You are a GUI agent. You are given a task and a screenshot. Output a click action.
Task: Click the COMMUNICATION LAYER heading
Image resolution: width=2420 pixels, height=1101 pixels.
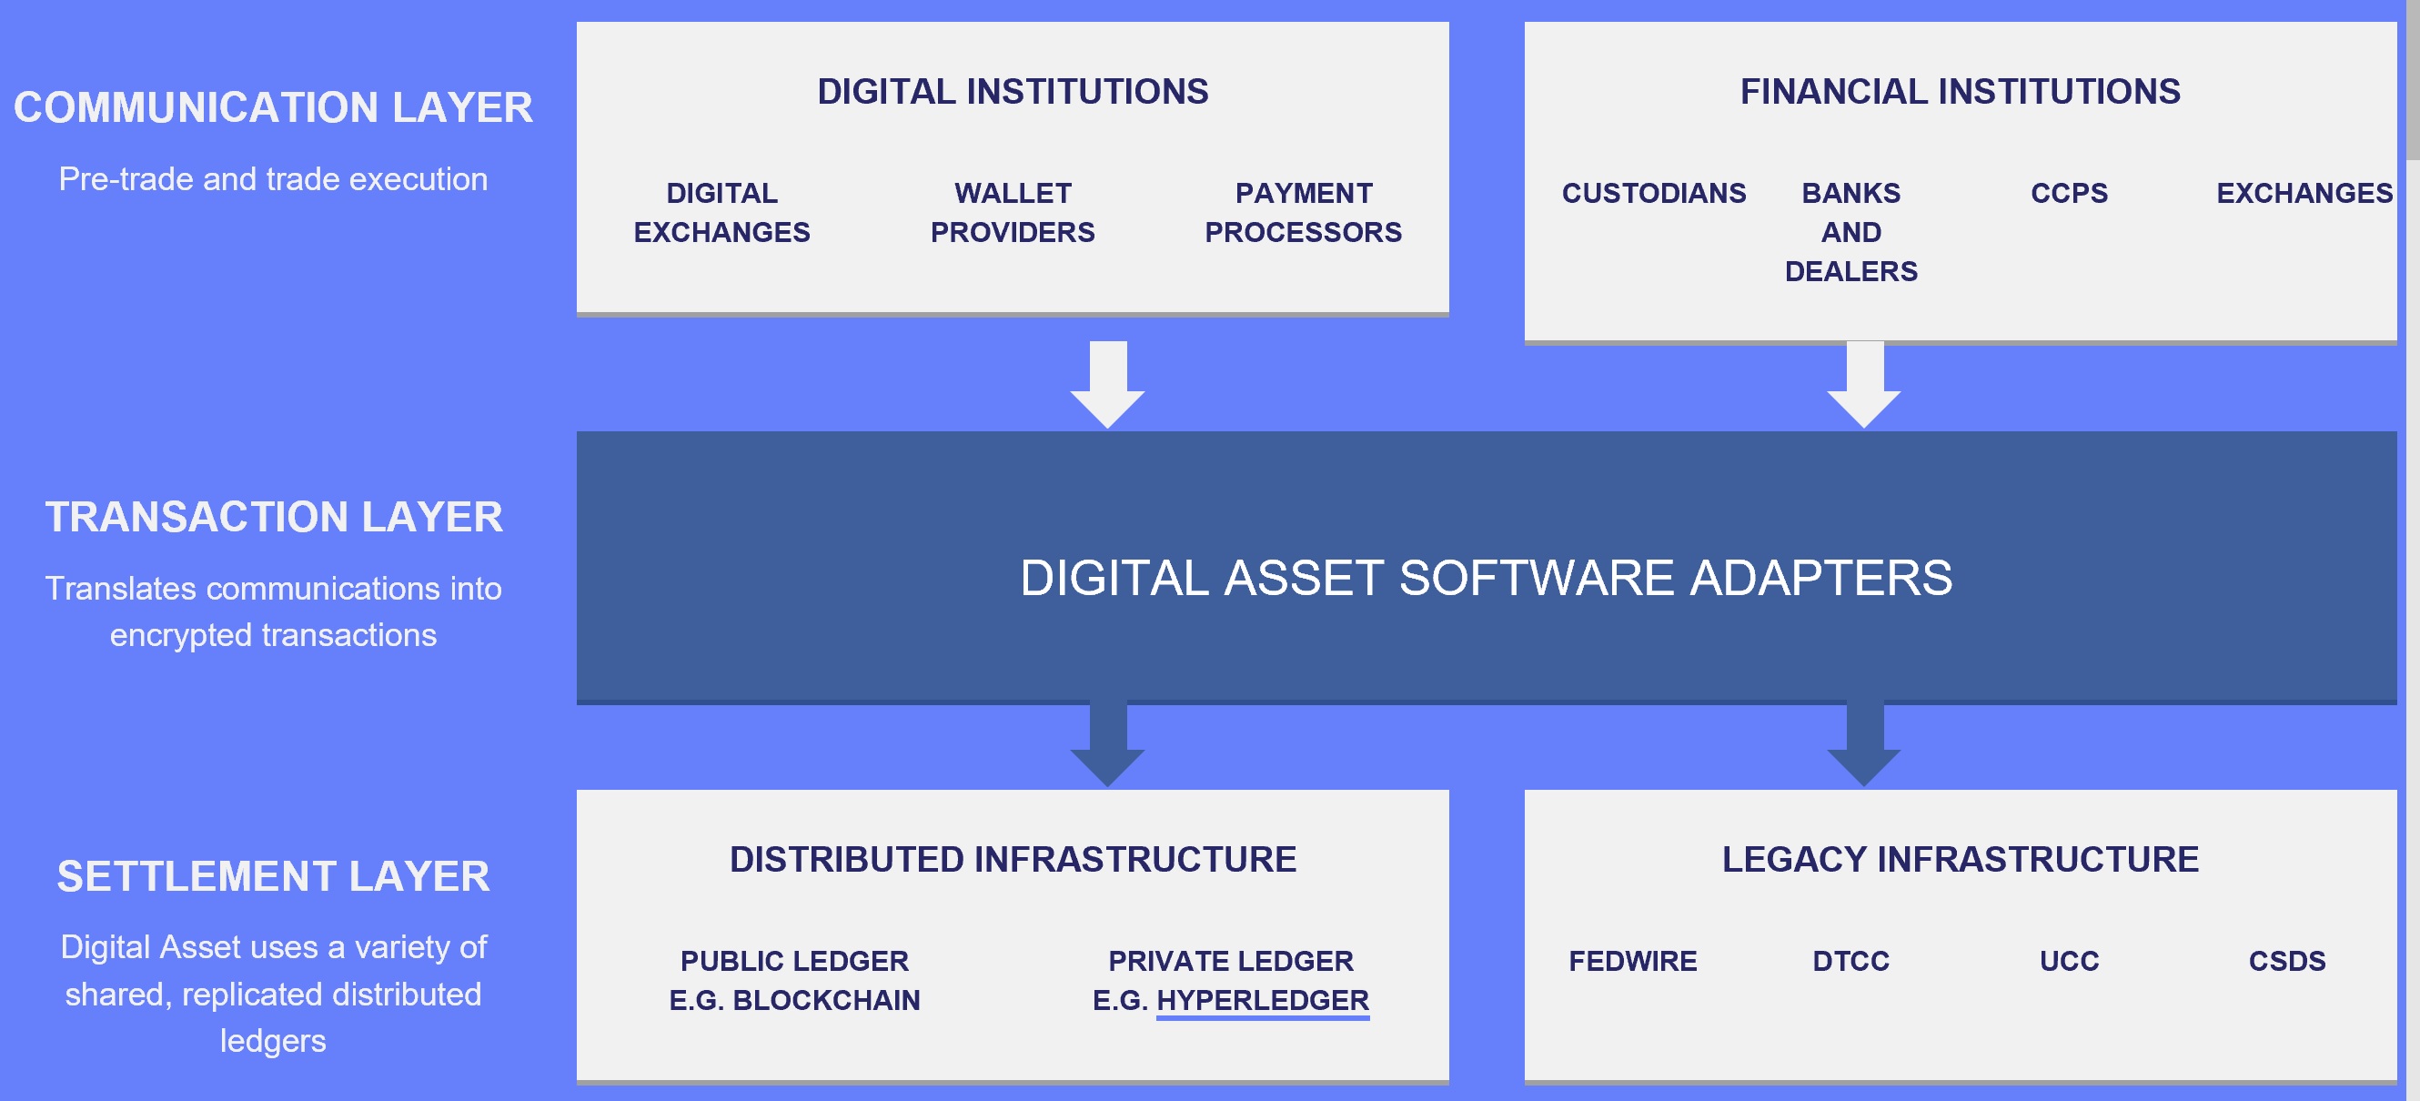click(x=272, y=107)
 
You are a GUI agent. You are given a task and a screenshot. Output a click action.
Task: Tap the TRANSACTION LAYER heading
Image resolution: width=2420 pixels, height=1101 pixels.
click(x=273, y=517)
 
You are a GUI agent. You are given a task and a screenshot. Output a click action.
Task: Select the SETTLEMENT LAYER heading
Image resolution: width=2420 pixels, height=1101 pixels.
click(x=273, y=876)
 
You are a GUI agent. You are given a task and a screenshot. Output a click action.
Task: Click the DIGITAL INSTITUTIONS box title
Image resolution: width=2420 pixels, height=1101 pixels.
click(x=1013, y=91)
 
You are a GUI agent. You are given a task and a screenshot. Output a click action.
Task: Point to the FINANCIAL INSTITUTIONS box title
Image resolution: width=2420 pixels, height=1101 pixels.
click(x=1961, y=91)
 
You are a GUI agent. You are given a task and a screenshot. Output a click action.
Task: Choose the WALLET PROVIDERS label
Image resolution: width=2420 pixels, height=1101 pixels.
click(x=1013, y=212)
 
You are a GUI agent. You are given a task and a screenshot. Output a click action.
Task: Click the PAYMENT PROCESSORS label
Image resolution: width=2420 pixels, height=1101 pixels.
click(x=1303, y=212)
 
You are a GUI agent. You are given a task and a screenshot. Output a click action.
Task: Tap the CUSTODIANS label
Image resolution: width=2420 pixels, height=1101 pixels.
click(x=1653, y=193)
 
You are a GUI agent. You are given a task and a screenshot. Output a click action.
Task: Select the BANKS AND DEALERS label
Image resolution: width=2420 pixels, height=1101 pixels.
click(x=1850, y=232)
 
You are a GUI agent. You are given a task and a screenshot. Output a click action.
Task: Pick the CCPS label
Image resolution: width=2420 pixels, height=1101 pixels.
click(x=2069, y=193)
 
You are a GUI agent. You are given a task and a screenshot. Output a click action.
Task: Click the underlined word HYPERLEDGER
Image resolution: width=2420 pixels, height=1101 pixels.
click(x=1263, y=1001)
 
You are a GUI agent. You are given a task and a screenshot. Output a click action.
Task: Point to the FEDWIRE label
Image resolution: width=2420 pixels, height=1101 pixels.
click(x=1633, y=961)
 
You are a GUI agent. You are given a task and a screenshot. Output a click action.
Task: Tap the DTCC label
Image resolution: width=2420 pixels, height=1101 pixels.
click(x=1850, y=961)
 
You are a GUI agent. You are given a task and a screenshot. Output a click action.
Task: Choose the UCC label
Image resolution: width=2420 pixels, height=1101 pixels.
click(x=2069, y=961)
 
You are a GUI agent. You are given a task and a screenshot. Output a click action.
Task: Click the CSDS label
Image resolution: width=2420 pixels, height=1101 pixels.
click(x=2286, y=961)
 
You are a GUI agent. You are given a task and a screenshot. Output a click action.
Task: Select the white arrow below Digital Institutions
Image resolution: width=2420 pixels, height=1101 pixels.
click(x=1107, y=384)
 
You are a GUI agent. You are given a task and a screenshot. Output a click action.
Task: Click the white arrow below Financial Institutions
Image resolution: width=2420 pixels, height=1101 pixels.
click(x=1864, y=384)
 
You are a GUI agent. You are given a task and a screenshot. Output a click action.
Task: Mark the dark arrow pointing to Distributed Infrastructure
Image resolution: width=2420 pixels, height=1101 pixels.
click(x=1107, y=744)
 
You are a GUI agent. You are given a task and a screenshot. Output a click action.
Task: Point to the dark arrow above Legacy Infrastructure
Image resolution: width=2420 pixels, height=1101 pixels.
click(x=1864, y=744)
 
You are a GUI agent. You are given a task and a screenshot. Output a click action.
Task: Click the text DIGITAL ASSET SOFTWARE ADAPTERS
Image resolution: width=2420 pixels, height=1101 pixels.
click(x=1487, y=577)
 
